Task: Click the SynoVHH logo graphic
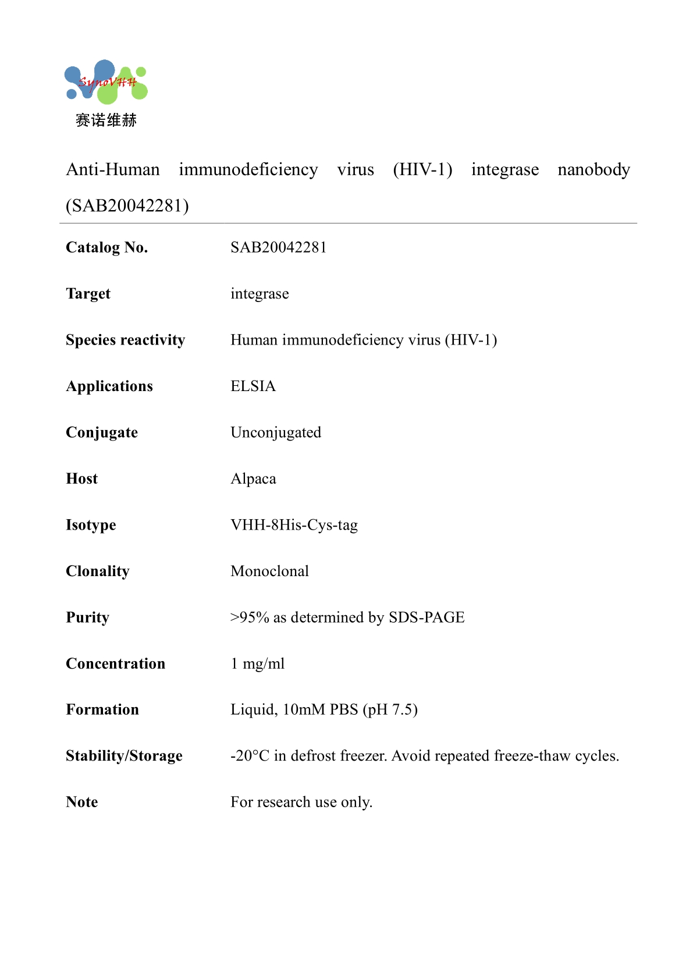pyautogui.click(x=106, y=83)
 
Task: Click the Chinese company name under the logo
pyautogui.click(x=106, y=120)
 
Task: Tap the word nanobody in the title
pyautogui.click(x=594, y=170)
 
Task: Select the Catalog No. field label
pyautogui.click(x=107, y=248)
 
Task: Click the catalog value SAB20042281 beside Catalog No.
pyautogui.click(x=278, y=248)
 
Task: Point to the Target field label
pyautogui.click(x=88, y=294)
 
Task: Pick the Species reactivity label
pyautogui.click(x=125, y=340)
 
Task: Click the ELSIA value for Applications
pyautogui.click(x=253, y=386)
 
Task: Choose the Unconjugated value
pyautogui.click(x=276, y=432)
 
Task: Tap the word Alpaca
pyautogui.click(x=253, y=479)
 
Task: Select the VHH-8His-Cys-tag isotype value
pyautogui.click(x=294, y=525)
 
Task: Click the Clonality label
pyautogui.click(x=98, y=571)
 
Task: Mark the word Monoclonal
pyautogui.click(x=269, y=571)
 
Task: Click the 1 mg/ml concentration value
pyautogui.click(x=258, y=664)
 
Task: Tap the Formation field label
pyautogui.click(x=102, y=710)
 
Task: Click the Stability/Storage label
pyautogui.click(x=124, y=756)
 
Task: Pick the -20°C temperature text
pyautogui.click(x=250, y=756)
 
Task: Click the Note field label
pyautogui.click(x=82, y=803)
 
